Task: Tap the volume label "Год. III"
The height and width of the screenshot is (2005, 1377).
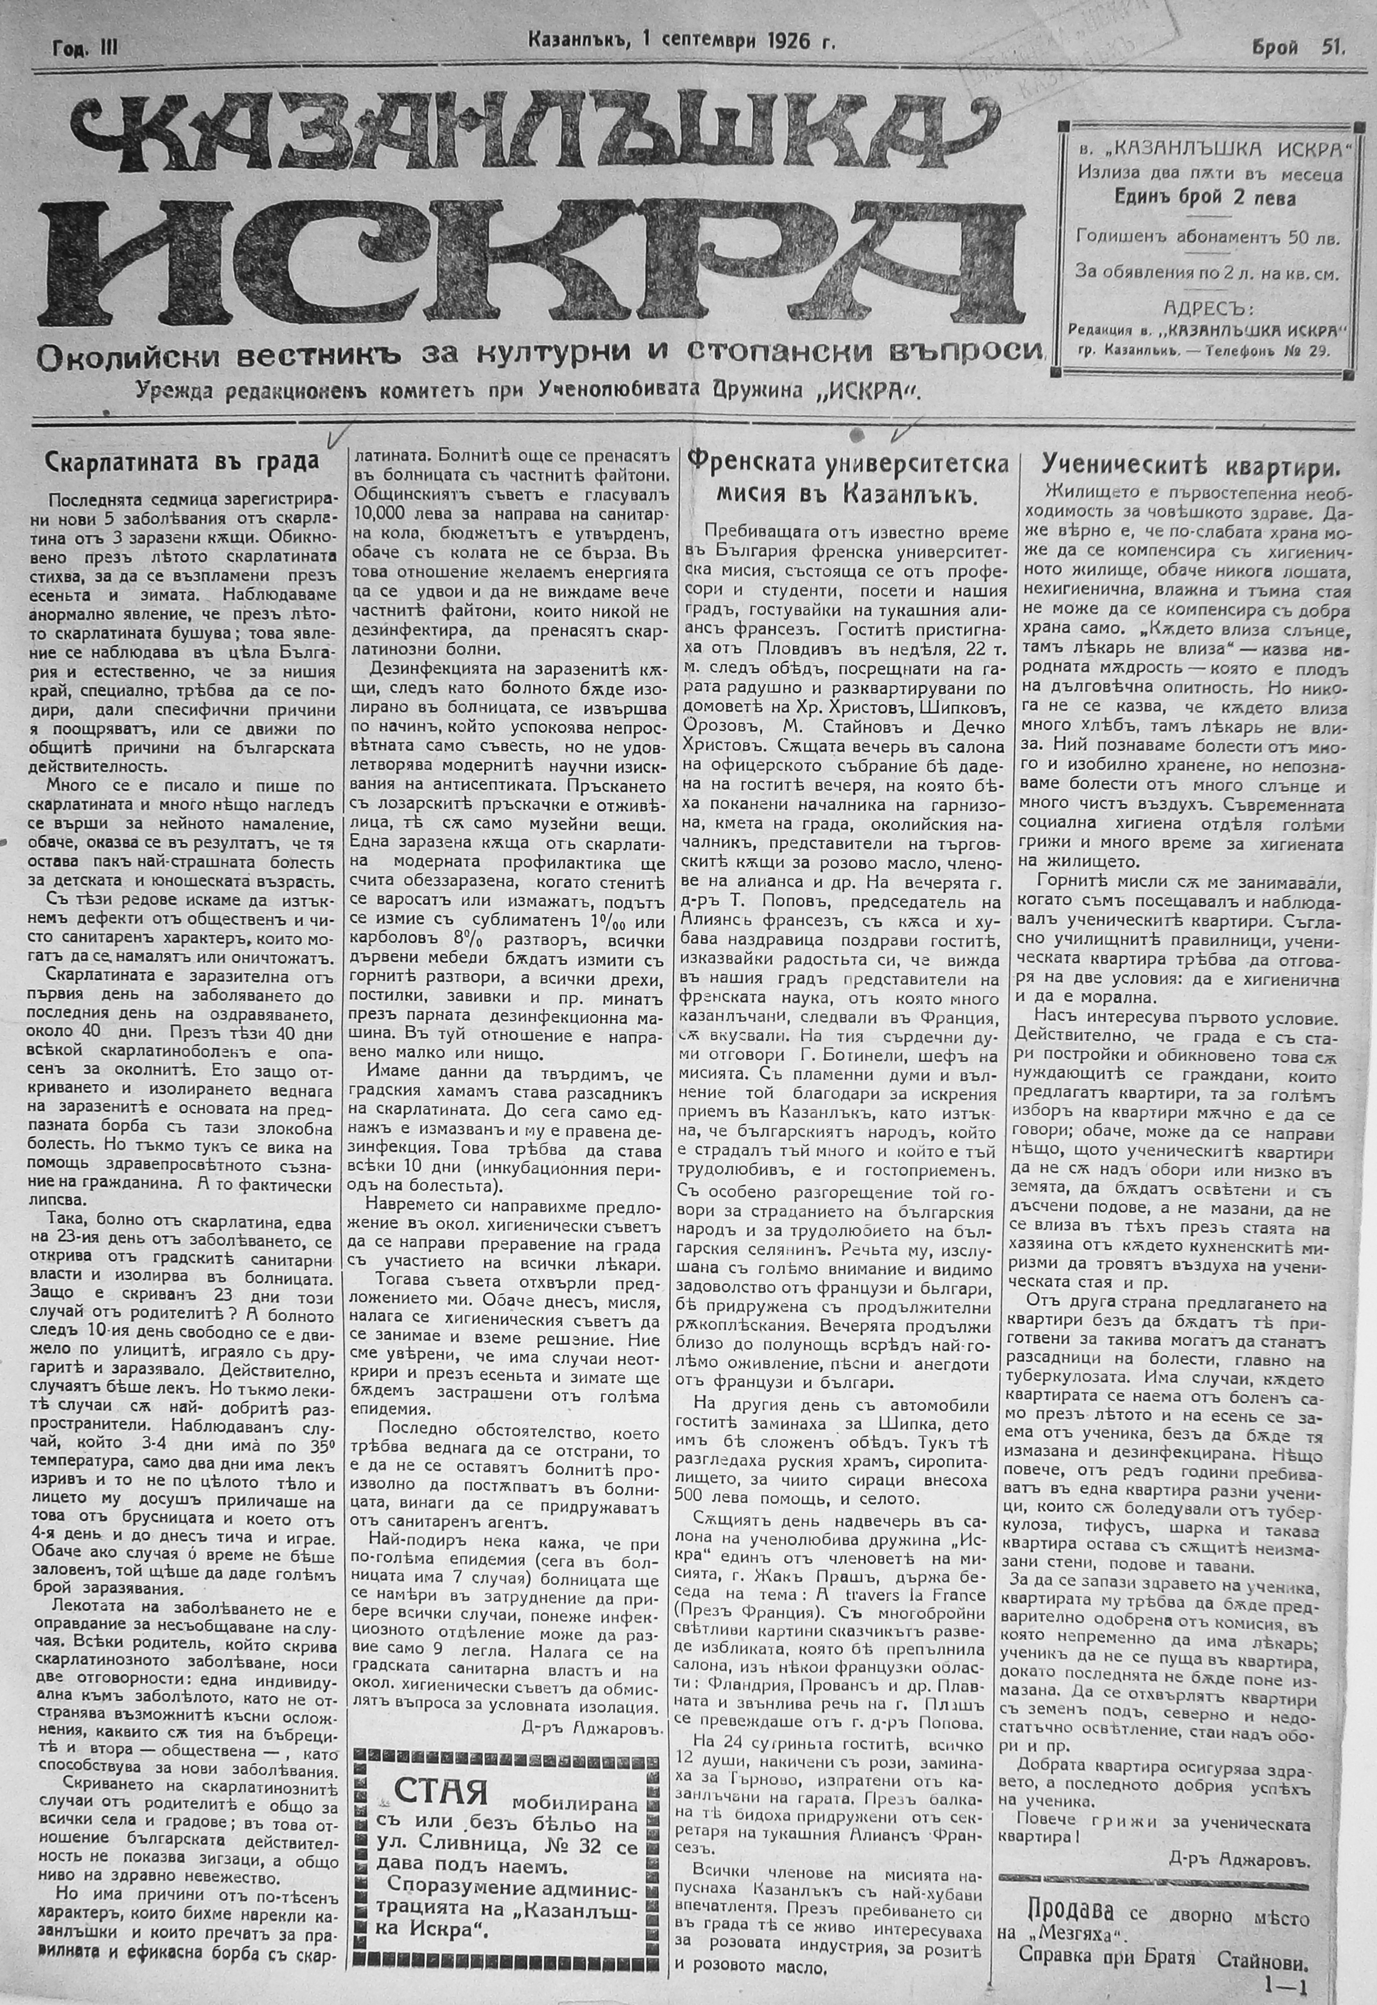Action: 84,50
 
